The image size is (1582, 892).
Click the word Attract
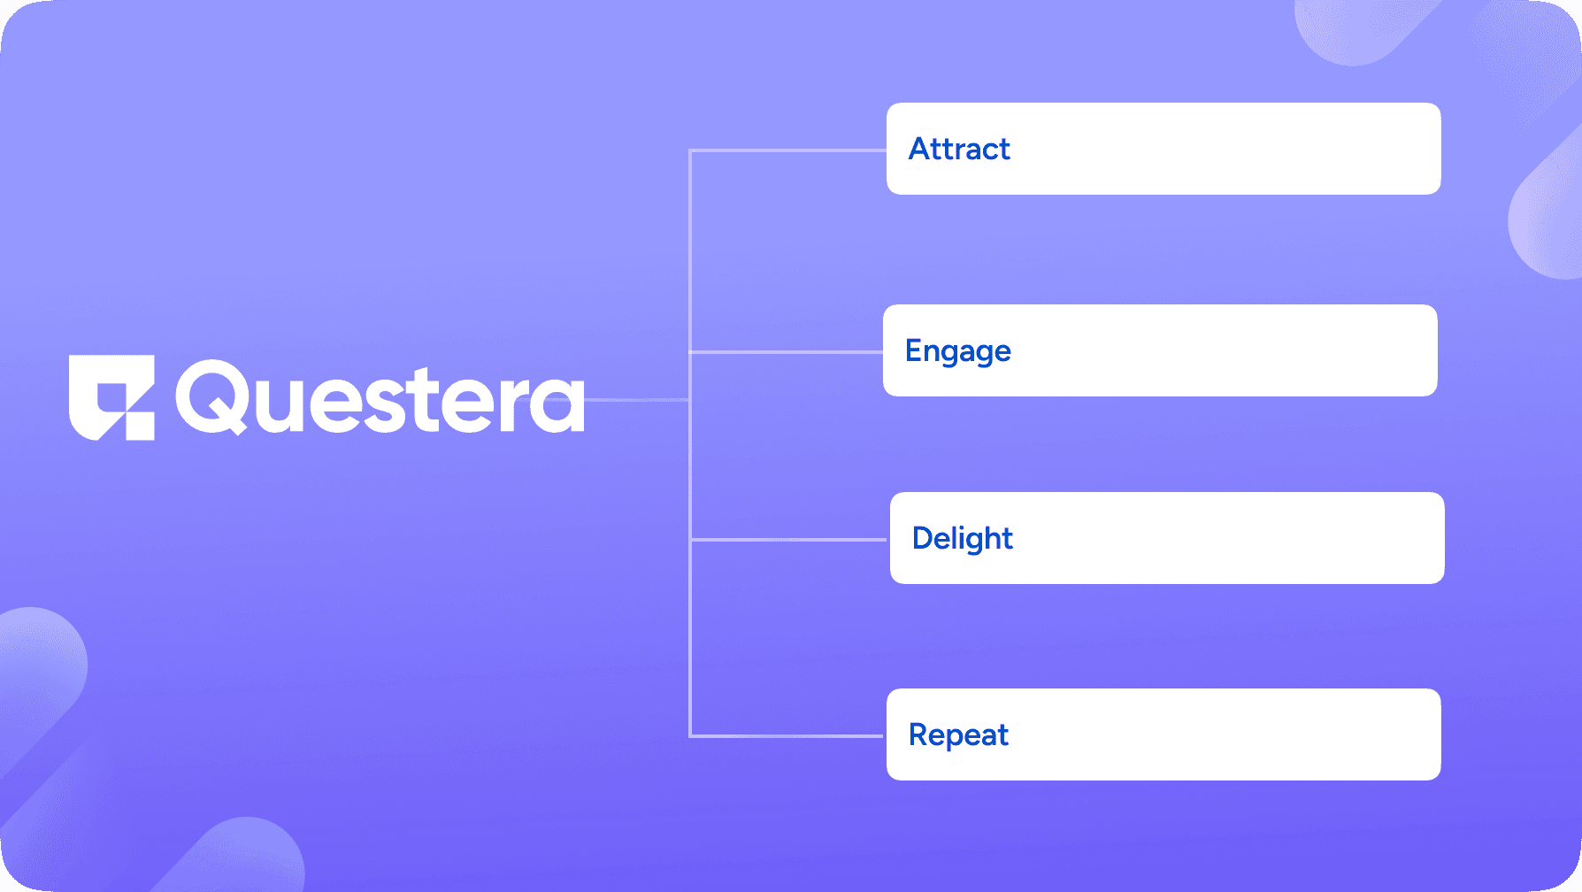click(959, 149)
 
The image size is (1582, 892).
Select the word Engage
click(957, 351)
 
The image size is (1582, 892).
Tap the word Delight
click(962, 538)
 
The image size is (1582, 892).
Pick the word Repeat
click(958, 734)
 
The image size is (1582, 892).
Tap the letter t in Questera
click(432, 400)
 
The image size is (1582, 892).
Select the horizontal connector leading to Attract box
click(787, 151)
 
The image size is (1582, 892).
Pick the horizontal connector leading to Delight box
click(787, 539)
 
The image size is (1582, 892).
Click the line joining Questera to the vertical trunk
click(637, 400)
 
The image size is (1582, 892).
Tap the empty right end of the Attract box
click(1327, 149)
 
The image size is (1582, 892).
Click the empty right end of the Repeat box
click(1327, 734)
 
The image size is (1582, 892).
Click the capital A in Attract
click(921, 149)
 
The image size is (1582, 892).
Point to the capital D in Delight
click(924, 538)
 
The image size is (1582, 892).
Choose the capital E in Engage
click(914, 350)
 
